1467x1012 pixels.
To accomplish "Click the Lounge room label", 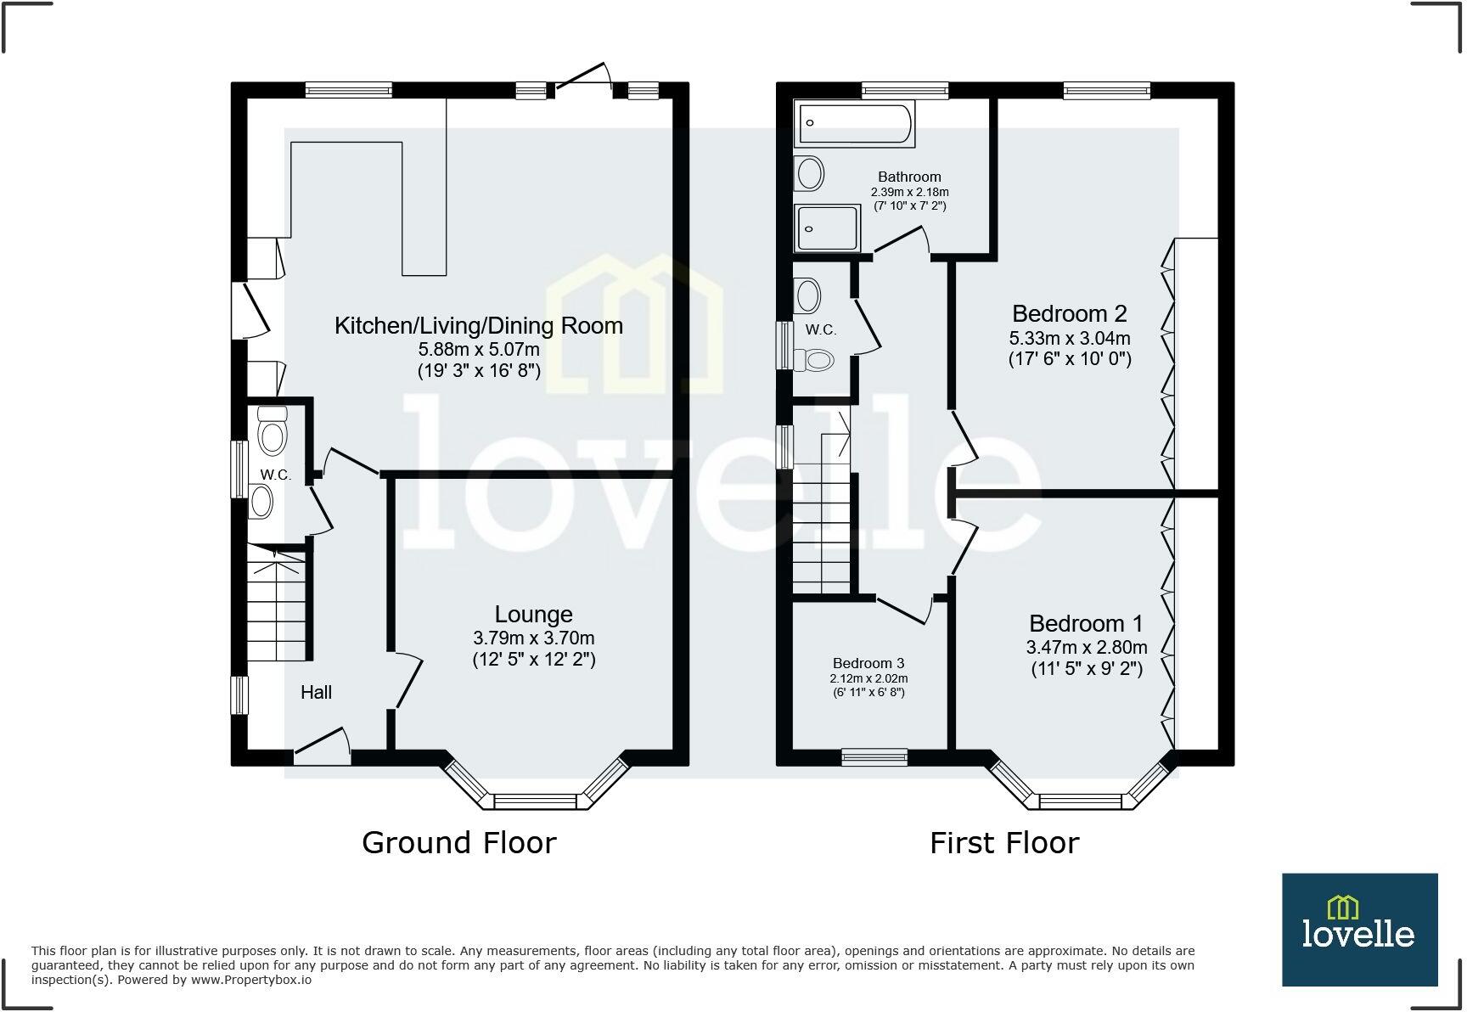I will [x=533, y=615].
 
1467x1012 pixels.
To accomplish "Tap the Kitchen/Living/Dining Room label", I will [x=479, y=326].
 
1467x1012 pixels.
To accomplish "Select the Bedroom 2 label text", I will [x=1070, y=314].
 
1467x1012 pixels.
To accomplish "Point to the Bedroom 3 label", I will [x=868, y=663].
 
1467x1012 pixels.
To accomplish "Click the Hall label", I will [x=316, y=693].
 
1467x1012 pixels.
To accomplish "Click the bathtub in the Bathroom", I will [x=853, y=124].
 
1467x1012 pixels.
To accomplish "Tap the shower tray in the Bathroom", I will [x=827, y=228].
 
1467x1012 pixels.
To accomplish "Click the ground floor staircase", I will [x=277, y=607].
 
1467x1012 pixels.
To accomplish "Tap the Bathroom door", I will [x=902, y=242].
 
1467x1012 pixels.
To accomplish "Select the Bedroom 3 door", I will [x=905, y=610].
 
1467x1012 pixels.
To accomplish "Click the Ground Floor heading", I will [x=458, y=843].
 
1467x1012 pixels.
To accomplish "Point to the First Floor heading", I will [x=1003, y=843].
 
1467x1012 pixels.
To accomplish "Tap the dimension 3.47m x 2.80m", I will [x=1087, y=648].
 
